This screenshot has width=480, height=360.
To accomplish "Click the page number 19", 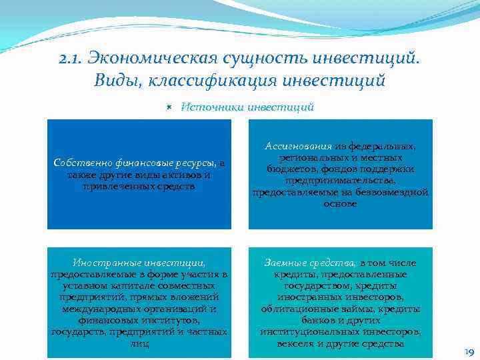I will (469, 352).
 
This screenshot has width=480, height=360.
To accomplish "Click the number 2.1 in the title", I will (71, 60).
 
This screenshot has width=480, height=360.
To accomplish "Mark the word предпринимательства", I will (340, 180).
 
